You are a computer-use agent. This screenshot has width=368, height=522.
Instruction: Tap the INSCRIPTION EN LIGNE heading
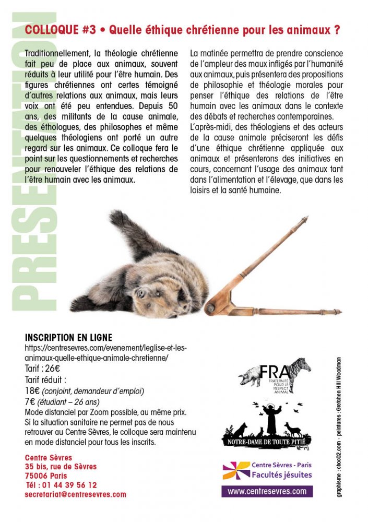(x=68, y=338)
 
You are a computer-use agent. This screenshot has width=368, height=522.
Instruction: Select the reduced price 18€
(x=32, y=390)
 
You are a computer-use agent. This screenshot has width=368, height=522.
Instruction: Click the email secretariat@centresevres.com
(x=75, y=494)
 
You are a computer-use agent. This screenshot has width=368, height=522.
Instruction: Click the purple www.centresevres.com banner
(x=267, y=491)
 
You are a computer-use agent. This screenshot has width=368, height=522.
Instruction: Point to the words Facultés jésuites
(x=281, y=475)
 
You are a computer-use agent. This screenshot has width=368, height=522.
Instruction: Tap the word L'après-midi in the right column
(x=211, y=126)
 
